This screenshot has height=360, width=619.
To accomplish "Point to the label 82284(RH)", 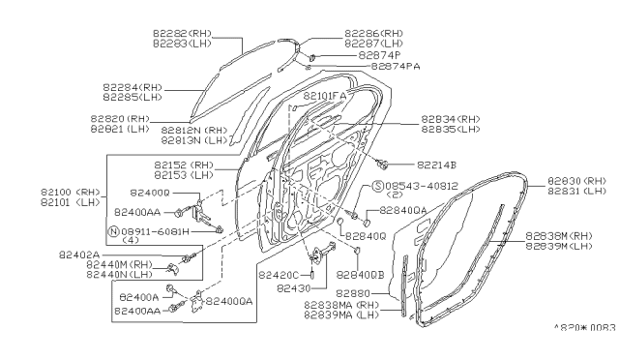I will [x=133, y=87].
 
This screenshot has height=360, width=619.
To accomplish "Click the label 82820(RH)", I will [x=121, y=118].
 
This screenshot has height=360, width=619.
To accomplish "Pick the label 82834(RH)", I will [x=451, y=119].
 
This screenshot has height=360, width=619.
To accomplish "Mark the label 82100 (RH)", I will [x=70, y=193].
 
